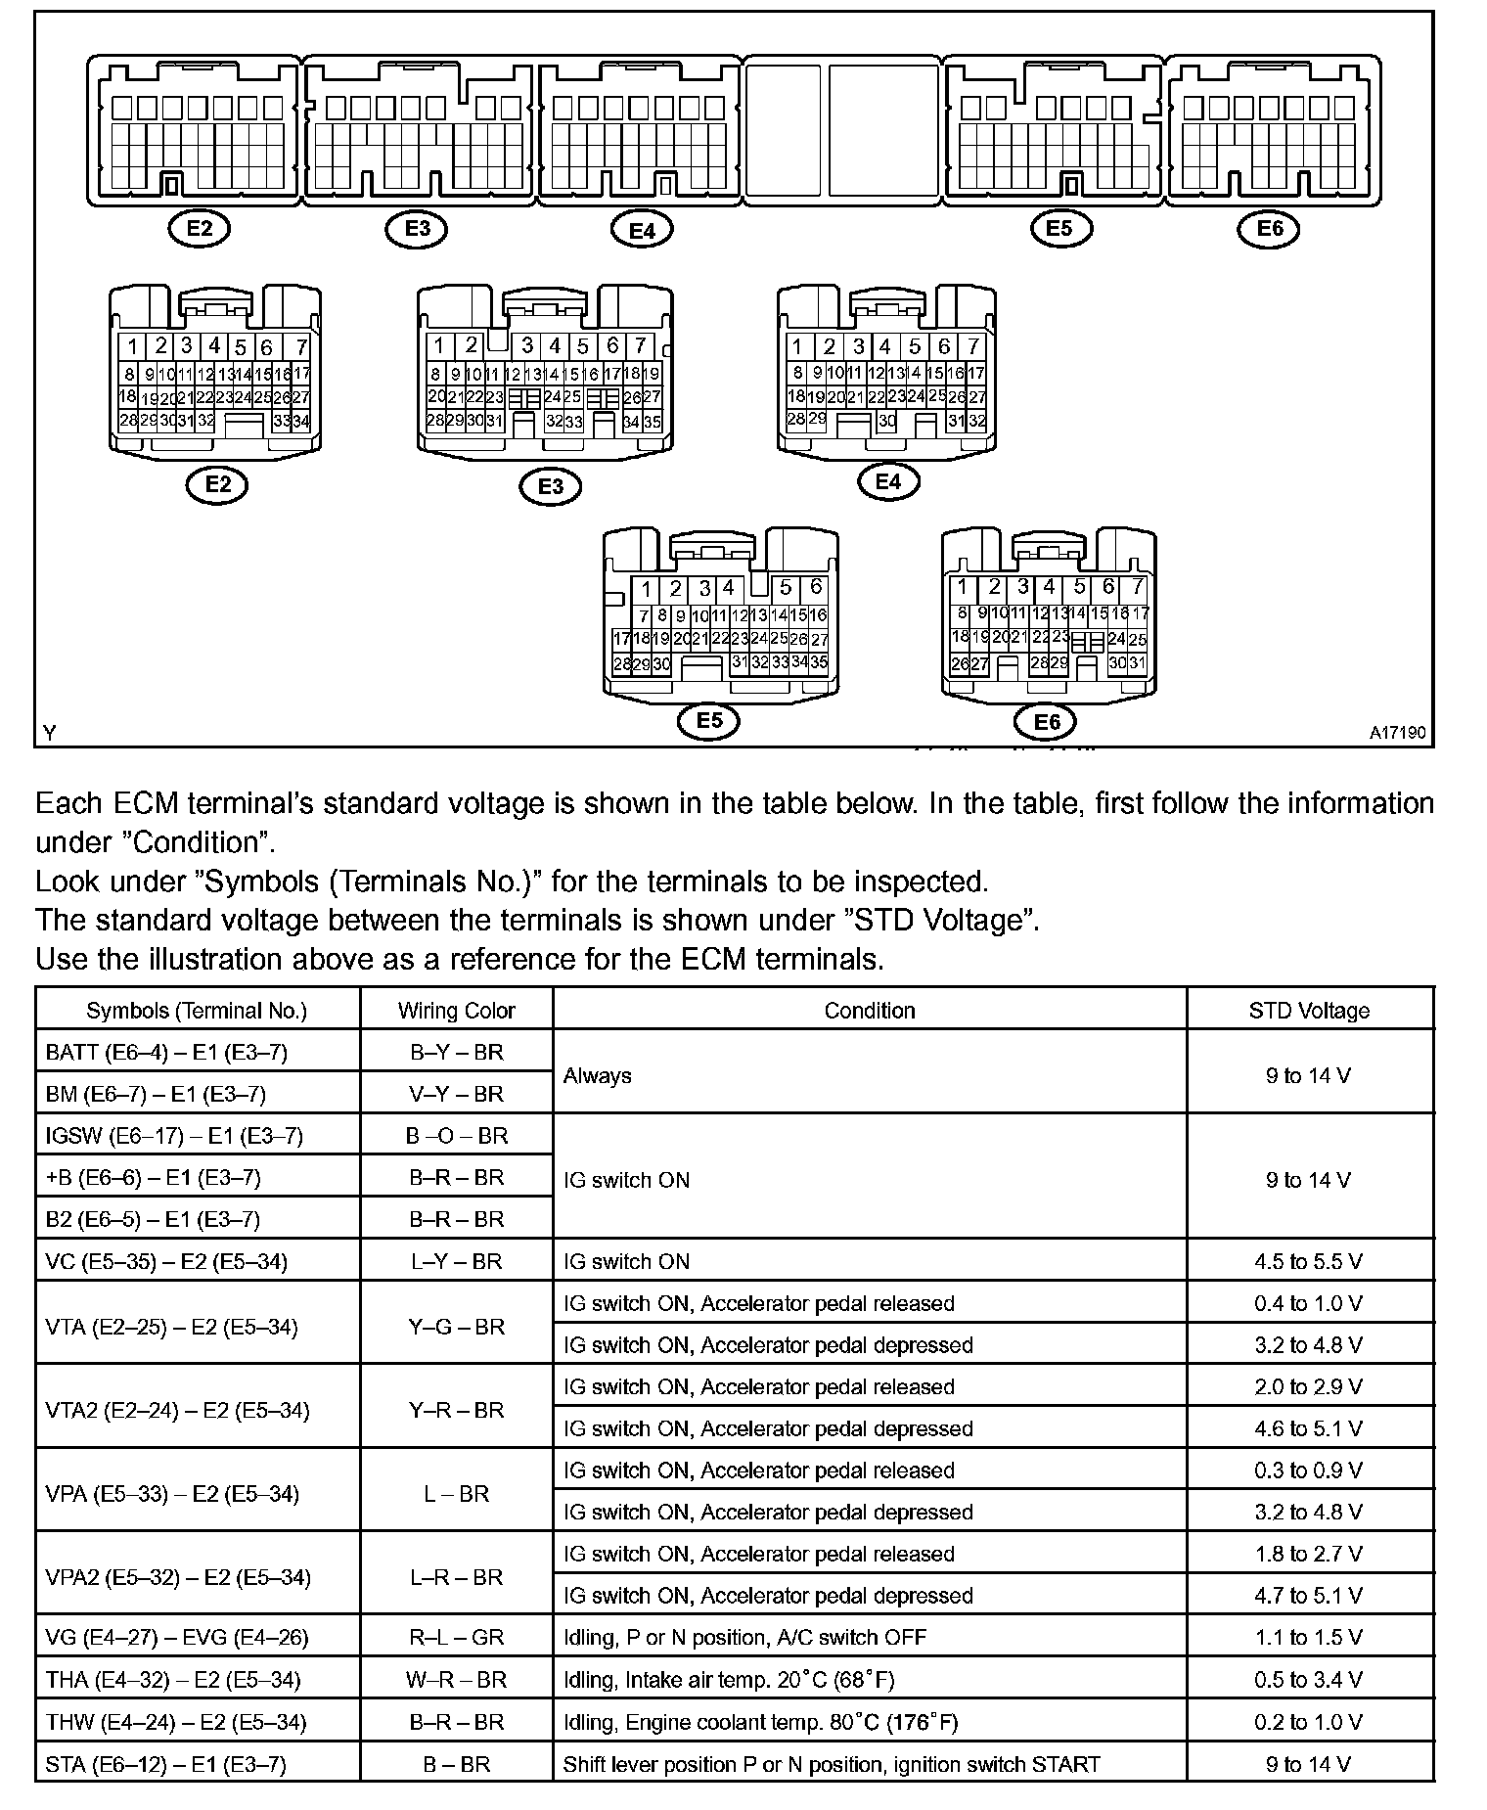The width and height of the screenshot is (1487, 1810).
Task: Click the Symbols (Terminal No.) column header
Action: click(x=197, y=1011)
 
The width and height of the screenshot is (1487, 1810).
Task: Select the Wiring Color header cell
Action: click(x=456, y=1011)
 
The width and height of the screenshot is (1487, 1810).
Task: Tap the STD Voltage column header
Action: click(x=1309, y=1011)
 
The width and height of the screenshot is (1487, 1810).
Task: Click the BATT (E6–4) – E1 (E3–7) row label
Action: click(x=166, y=1053)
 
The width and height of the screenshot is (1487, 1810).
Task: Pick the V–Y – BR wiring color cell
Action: click(x=456, y=1094)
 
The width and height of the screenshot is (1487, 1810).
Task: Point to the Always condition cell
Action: click(x=598, y=1075)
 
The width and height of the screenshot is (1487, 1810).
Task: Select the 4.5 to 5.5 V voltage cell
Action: click(x=1308, y=1261)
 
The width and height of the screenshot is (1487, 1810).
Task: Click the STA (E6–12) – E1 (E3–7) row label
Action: click(x=165, y=1764)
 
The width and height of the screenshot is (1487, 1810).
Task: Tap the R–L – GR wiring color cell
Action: click(x=456, y=1637)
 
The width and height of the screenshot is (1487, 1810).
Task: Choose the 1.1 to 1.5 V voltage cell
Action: click(x=1308, y=1637)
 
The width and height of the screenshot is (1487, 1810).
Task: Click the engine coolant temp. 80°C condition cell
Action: click(x=760, y=1722)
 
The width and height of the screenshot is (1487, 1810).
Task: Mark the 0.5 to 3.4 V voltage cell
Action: click(x=1308, y=1680)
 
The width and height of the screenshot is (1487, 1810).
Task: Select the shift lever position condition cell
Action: click(x=832, y=1764)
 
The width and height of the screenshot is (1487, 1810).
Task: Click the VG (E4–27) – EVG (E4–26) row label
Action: click(x=177, y=1637)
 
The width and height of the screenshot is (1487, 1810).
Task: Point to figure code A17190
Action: click(x=1397, y=732)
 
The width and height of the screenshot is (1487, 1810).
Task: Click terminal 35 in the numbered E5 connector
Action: click(x=819, y=662)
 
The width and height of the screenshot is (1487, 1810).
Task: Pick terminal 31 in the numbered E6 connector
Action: click(x=1137, y=662)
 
